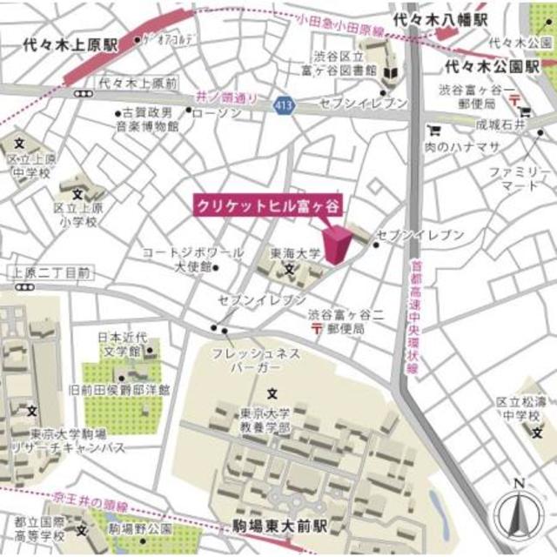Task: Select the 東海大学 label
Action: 295,252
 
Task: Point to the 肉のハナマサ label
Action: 471,147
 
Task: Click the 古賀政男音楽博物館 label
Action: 150,119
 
